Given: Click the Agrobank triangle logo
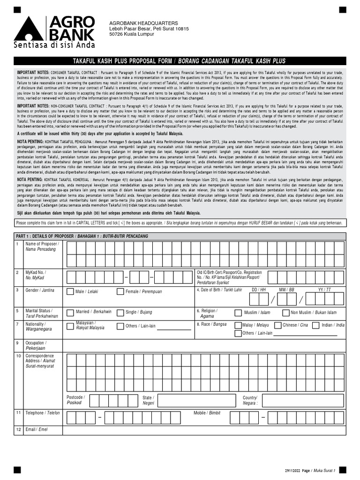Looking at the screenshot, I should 29,30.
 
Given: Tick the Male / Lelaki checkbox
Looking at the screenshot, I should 71,292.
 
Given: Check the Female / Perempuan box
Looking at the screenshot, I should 120,292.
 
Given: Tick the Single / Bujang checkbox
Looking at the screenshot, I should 120,312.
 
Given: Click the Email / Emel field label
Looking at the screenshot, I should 37,429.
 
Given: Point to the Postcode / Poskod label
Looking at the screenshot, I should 75,400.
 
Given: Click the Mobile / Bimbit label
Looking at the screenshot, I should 207,413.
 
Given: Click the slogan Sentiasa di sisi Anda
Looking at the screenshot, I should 54,45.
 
